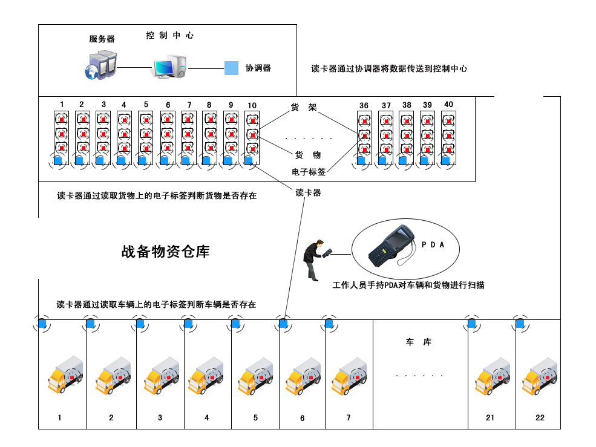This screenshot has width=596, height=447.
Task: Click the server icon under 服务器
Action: click(101, 65)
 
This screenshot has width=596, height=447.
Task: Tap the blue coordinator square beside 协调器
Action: click(231, 68)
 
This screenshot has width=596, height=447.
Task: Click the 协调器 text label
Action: click(258, 68)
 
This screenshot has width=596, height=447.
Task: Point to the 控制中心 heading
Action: click(169, 36)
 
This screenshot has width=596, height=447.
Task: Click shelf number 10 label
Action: click(252, 106)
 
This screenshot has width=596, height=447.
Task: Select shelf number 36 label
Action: click(364, 106)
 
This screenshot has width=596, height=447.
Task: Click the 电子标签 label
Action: click(309, 172)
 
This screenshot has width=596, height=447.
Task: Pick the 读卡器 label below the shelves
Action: click(308, 193)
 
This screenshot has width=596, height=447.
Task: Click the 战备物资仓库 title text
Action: click(166, 252)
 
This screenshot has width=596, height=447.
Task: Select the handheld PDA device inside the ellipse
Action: click(390, 248)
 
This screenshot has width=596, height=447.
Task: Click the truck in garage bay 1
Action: click(65, 375)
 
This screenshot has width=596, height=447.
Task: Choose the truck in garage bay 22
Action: click(540, 375)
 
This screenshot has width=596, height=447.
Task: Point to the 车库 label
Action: click(419, 342)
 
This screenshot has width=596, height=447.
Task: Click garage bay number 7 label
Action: click(349, 418)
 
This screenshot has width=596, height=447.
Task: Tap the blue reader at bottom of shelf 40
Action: click(446, 160)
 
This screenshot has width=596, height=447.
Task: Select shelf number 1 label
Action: click(62, 105)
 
